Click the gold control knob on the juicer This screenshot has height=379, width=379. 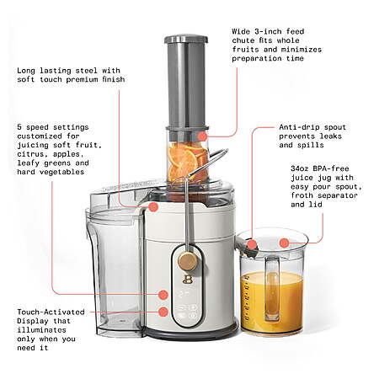[x=187, y=261]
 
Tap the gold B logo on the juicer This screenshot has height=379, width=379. [x=186, y=279]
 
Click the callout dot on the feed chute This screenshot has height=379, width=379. [x=202, y=136]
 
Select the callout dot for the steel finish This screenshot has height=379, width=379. [x=153, y=207]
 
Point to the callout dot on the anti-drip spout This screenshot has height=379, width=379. [x=252, y=244]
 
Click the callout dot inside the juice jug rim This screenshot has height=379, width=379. [x=284, y=243]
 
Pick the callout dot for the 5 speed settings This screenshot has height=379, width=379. [x=163, y=295]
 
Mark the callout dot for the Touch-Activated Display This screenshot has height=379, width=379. [x=163, y=312]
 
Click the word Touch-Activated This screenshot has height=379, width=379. [x=51, y=312]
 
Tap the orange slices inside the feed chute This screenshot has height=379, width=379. [x=187, y=162]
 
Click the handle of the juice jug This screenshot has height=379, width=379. [x=272, y=288]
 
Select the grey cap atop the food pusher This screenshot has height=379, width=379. [x=186, y=39]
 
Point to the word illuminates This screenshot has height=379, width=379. [x=41, y=330]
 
